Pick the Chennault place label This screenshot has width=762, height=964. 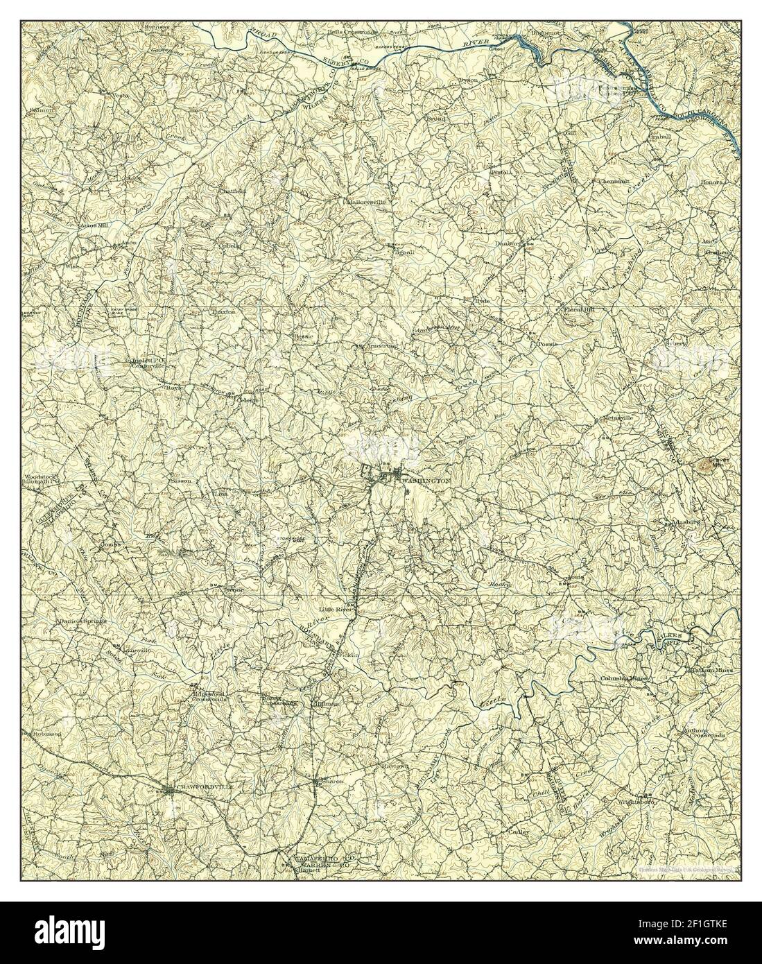[x=613, y=182]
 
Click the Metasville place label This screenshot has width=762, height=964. [x=619, y=418]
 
